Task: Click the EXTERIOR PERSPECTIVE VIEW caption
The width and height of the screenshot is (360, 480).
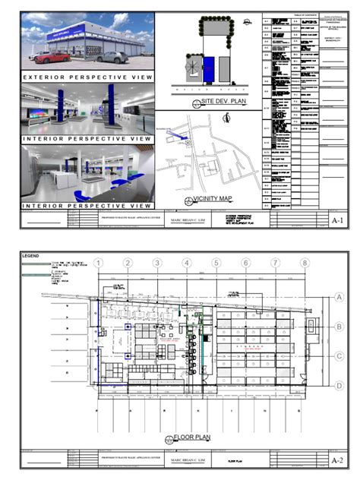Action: (89, 77)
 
